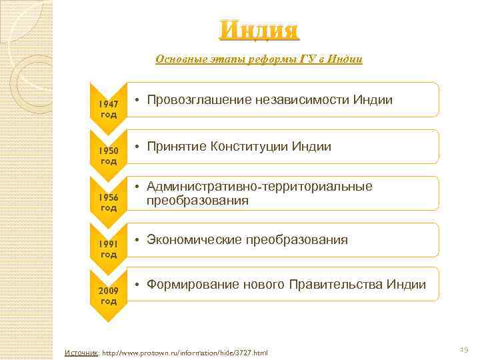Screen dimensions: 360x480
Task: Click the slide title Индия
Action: (x=259, y=31)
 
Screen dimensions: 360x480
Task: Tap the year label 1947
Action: (x=109, y=105)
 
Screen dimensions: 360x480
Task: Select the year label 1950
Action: (x=109, y=151)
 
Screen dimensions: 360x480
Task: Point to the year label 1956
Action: (x=109, y=198)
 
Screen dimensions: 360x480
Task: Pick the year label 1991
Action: (x=109, y=245)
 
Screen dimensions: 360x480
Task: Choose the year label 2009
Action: (x=109, y=291)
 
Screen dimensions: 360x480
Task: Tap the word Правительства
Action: (x=337, y=285)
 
